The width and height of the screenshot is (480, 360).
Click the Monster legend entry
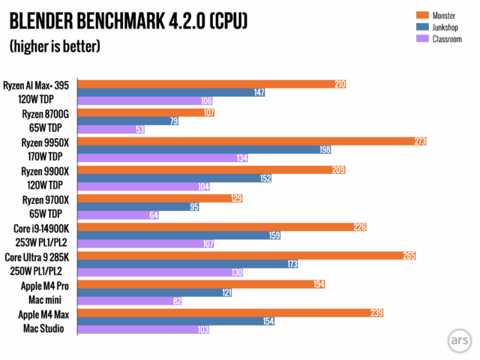[x=443, y=15]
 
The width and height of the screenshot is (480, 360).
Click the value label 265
[x=409, y=256]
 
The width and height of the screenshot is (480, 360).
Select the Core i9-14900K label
[x=38, y=226]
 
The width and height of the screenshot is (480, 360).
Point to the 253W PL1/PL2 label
[x=37, y=241]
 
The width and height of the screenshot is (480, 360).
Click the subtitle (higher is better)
[x=55, y=46]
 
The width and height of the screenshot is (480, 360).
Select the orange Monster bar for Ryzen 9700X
[x=150, y=198]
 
